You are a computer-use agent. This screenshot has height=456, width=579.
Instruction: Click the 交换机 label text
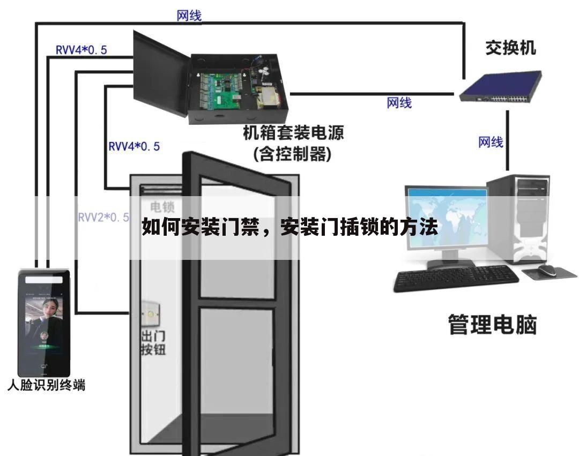coord(510,48)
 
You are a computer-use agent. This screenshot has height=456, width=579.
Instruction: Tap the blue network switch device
coord(501,87)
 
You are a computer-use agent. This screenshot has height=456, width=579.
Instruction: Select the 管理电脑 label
coord(492,325)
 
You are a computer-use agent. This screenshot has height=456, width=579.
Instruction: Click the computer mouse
coord(547,270)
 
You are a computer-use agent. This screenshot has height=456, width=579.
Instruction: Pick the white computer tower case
coord(518,220)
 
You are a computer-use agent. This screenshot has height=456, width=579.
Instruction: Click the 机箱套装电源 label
coord(293,133)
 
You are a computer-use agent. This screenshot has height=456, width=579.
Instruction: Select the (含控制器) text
coord(293,154)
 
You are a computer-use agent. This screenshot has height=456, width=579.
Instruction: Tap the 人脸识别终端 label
coord(47,385)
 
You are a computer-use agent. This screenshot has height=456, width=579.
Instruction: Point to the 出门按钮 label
coord(153,343)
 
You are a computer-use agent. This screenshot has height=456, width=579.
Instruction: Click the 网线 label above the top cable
coord(189,16)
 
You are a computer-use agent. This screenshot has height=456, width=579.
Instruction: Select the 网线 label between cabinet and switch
coord(399,103)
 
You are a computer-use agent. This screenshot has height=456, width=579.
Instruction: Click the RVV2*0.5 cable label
coord(103,218)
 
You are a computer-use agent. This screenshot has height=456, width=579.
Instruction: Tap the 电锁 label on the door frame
coord(162,207)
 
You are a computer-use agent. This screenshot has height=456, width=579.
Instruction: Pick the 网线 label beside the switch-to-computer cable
coord(491,142)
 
